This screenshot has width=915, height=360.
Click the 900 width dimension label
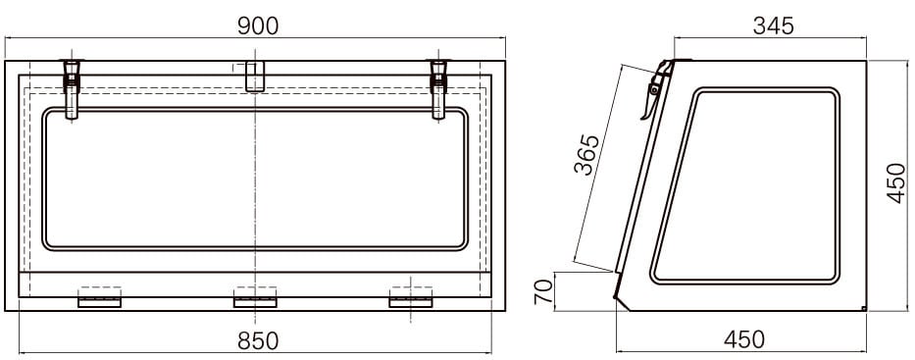tap(258, 26)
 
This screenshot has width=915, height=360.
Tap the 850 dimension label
tap(258, 340)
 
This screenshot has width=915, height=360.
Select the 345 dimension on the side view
tap(773, 26)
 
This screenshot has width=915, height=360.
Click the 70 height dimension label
tap(543, 291)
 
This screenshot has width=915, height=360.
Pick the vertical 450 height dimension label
tap(896, 183)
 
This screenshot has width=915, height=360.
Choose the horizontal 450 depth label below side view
tap(744, 339)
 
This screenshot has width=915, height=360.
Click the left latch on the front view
tap(72, 88)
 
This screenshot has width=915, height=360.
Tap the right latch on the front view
tap(438, 88)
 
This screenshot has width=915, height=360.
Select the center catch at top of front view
tap(254, 77)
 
